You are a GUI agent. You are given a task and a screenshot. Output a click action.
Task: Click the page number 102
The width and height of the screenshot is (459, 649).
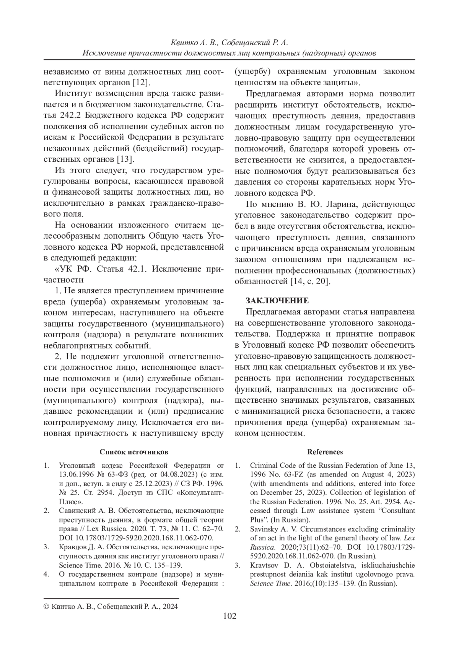[x=229, y=616]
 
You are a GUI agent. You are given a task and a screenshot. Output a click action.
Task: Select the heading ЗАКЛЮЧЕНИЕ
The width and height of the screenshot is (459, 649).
[x=277, y=301]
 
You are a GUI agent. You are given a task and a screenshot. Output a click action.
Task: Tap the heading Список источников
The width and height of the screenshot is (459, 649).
[x=133, y=452]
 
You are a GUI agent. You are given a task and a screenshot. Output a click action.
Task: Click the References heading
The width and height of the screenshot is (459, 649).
[x=325, y=452]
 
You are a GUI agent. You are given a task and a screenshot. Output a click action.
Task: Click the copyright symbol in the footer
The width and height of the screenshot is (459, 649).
[x=47, y=606]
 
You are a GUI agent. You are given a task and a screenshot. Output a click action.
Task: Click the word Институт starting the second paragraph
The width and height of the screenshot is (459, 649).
[x=73, y=94]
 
